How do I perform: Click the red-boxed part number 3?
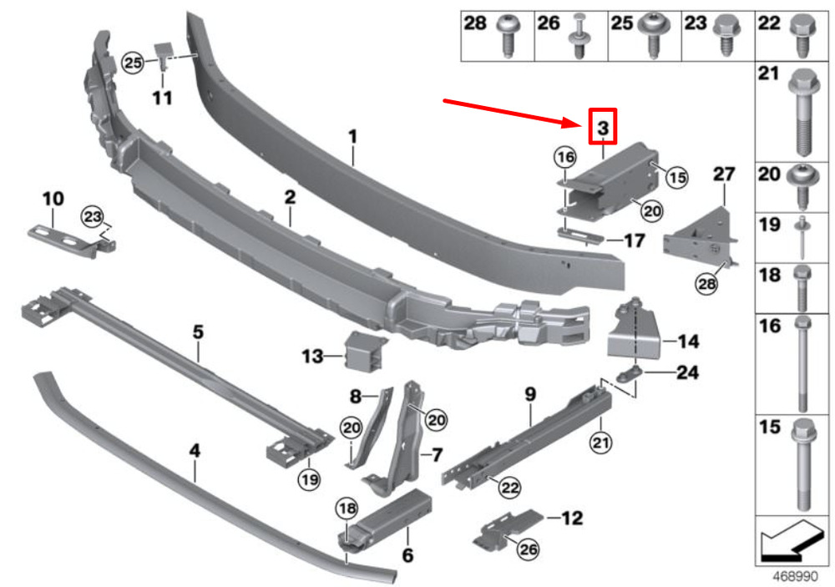pyautogui.click(x=603, y=128)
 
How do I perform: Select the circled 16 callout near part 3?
pyautogui.click(x=565, y=157)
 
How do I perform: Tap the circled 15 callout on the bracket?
pyautogui.click(x=677, y=177)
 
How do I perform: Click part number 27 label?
pyautogui.click(x=724, y=175)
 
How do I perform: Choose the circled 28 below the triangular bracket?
pyautogui.click(x=706, y=283)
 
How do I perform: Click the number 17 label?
pyautogui.click(x=635, y=240)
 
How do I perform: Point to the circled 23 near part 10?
pyautogui.click(x=92, y=217)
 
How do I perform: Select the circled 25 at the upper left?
pyautogui.click(x=133, y=63)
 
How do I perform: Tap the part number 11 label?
pyautogui.click(x=163, y=98)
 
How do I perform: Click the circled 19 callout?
pyautogui.click(x=310, y=479)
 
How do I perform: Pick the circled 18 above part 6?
pyautogui.click(x=347, y=509)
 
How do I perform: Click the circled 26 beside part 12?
pyautogui.click(x=528, y=549)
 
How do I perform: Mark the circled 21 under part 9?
pyautogui.click(x=600, y=442)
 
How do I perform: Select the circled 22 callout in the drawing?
pyautogui.click(x=509, y=488)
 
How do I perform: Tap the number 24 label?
pyautogui.click(x=687, y=372)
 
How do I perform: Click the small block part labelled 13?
pyautogui.click(x=366, y=350)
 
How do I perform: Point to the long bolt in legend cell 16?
pyautogui.click(x=802, y=364)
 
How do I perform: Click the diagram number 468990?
pyautogui.click(x=795, y=576)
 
